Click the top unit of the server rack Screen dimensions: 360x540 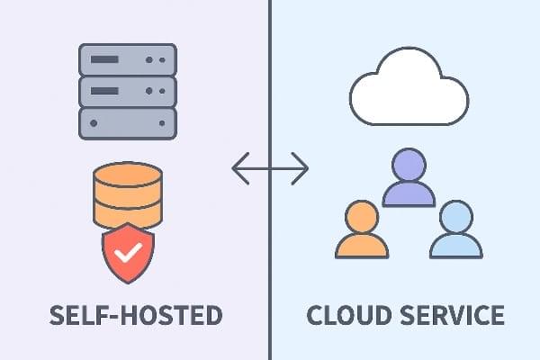[127, 59]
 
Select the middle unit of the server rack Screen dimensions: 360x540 [127, 90]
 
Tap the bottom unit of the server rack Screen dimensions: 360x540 [127, 121]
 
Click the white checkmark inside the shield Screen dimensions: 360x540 [128, 252]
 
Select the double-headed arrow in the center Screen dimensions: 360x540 [270, 168]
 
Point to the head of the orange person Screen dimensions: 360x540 [361, 216]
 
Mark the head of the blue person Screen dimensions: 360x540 [455, 217]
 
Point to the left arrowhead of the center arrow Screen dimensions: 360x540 [238, 168]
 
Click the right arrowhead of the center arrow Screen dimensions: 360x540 [302, 168]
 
